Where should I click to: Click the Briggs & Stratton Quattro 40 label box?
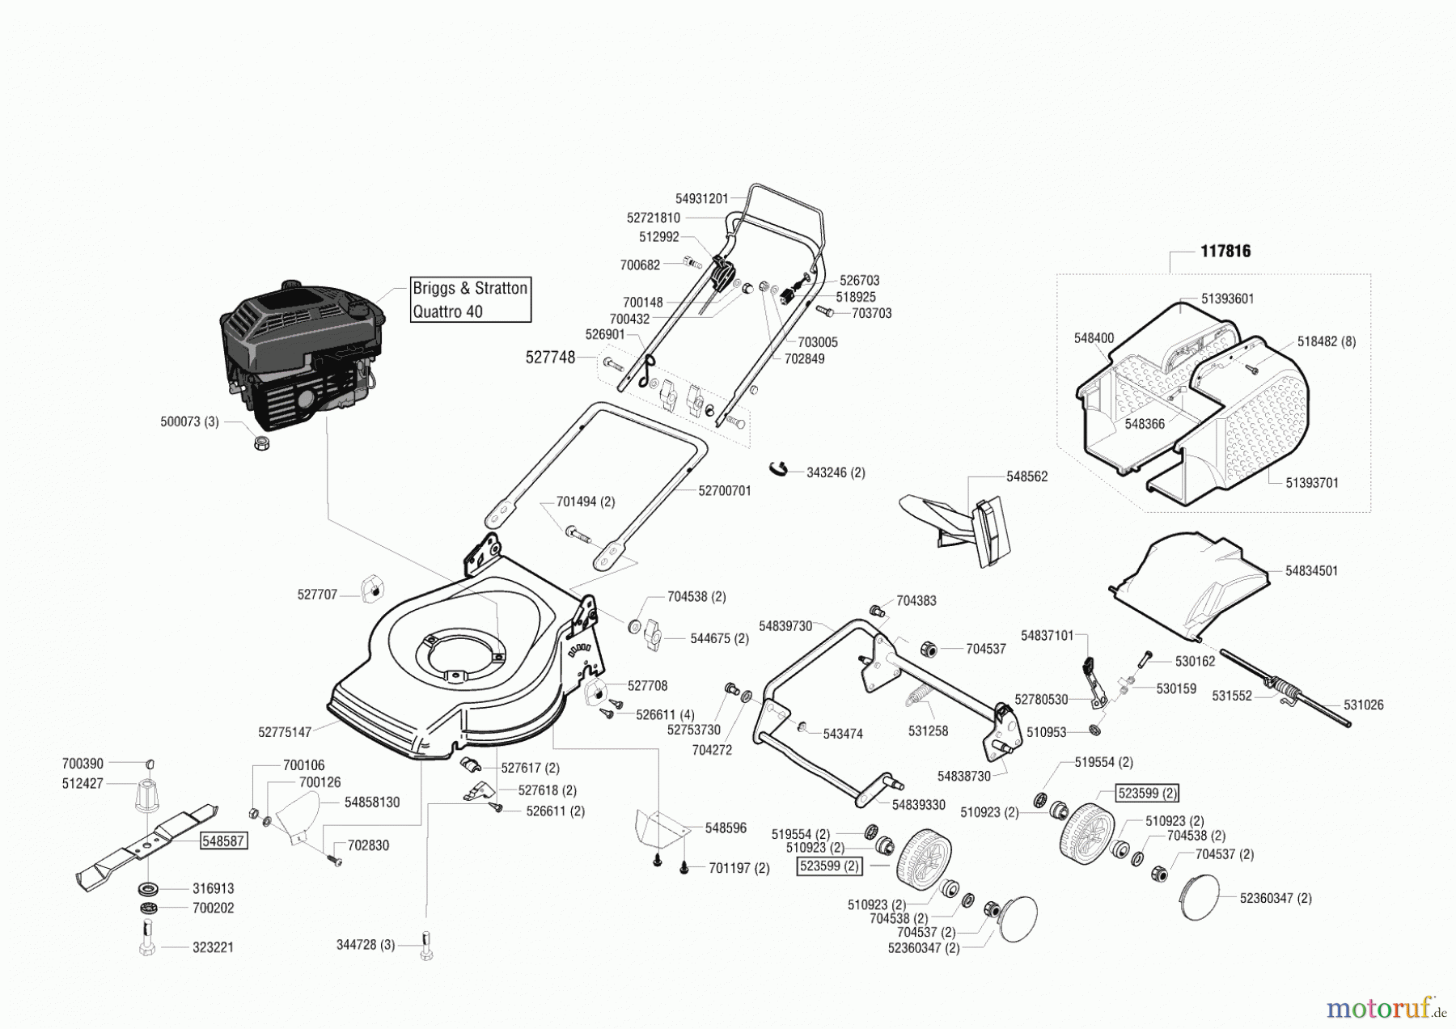click(x=470, y=300)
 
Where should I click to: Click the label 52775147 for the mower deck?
click(x=285, y=732)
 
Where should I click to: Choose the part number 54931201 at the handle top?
click(x=701, y=198)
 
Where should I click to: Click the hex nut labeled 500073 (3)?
click(x=261, y=443)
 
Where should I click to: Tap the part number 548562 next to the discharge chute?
click(x=1026, y=476)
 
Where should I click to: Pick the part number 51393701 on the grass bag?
click(x=1312, y=483)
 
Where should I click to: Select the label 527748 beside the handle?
click(x=550, y=357)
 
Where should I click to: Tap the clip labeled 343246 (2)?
click(x=779, y=469)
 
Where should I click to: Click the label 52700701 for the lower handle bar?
click(x=725, y=491)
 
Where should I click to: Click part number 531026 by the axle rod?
click(x=1364, y=705)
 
